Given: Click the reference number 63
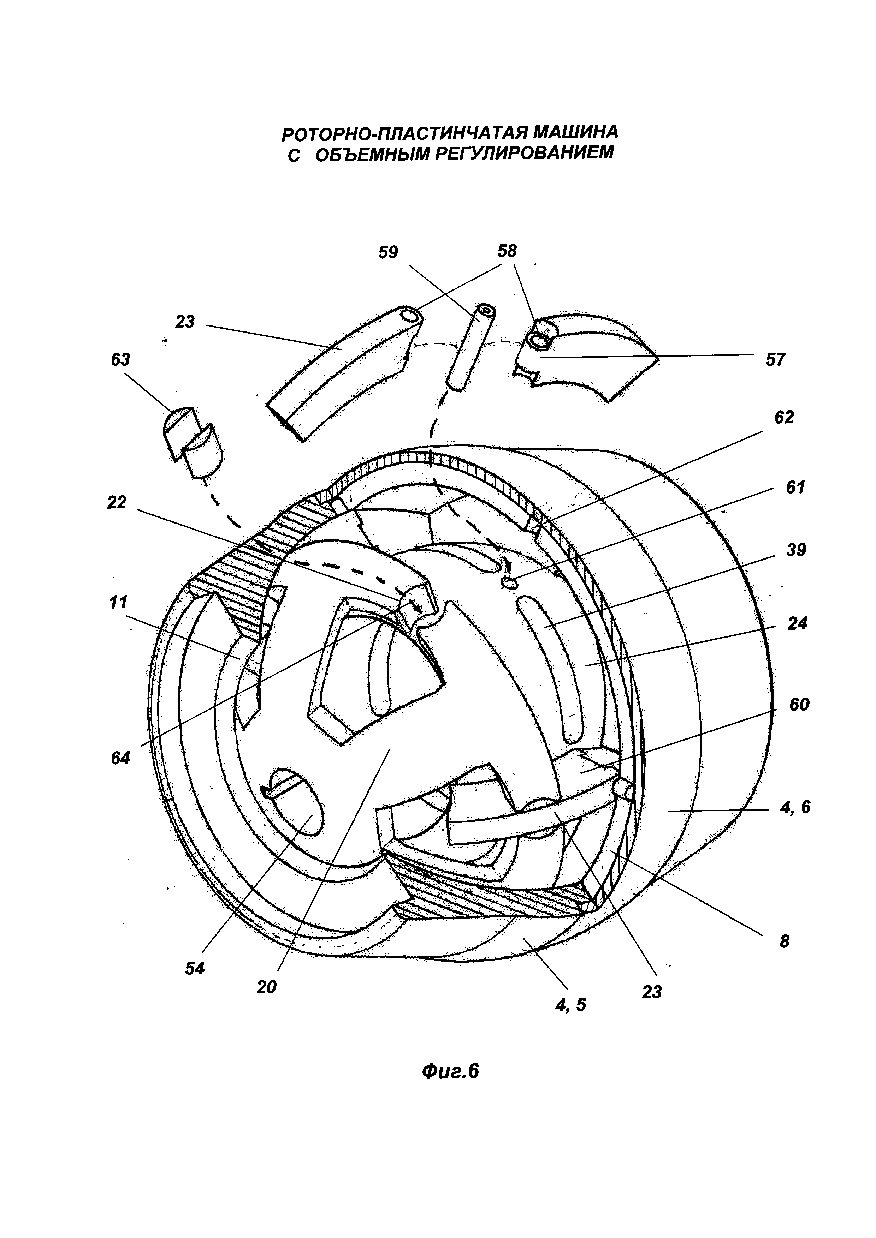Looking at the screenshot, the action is point(120,360).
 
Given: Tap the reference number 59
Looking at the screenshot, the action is point(388,252).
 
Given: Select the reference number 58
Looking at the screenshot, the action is point(507,251).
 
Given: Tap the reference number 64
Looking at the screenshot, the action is point(120,758).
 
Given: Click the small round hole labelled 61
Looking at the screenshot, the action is point(510,582).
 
